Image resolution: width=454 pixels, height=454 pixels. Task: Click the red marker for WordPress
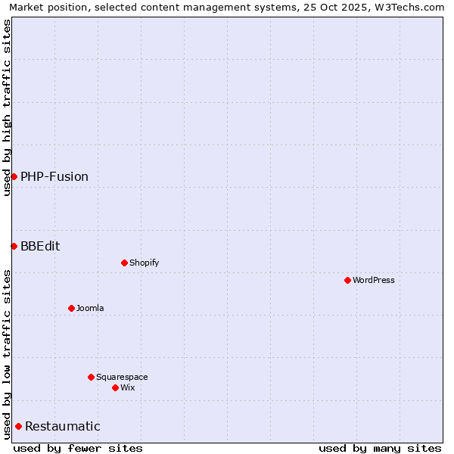[x=347, y=280]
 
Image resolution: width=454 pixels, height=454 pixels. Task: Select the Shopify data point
[x=124, y=263]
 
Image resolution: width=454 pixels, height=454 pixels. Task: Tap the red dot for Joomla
[x=71, y=308]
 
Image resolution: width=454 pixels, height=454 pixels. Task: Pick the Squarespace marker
[x=91, y=377]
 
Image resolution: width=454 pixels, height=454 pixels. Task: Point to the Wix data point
[x=115, y=387]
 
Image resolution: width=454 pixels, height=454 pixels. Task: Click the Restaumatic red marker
[x=18, y=426]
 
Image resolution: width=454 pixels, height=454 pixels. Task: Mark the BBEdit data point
[x=14, y=246]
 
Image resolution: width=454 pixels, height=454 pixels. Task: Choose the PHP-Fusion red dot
[x=14, y=176]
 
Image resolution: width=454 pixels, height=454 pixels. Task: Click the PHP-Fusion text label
[x=54, y=177]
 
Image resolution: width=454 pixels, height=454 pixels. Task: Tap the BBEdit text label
[x=40, y=247]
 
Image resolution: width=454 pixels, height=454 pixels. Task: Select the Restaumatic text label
[x=63, y=427]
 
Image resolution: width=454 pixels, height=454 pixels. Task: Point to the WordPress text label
[x=374, y=281]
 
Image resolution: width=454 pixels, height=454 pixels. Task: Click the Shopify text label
[x=144, y=263]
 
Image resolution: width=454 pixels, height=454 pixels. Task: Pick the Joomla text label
[x=90, y=309]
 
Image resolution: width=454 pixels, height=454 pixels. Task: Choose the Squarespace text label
[x=122, y=378]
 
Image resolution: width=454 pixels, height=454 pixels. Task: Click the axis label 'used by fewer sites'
[x=78, y=448]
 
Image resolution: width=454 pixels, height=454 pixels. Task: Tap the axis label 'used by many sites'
[x=380, y=448]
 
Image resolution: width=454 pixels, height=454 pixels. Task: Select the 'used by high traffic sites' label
[x=7, y=107]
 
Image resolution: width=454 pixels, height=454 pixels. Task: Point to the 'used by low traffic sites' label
[x=7, y=354]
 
